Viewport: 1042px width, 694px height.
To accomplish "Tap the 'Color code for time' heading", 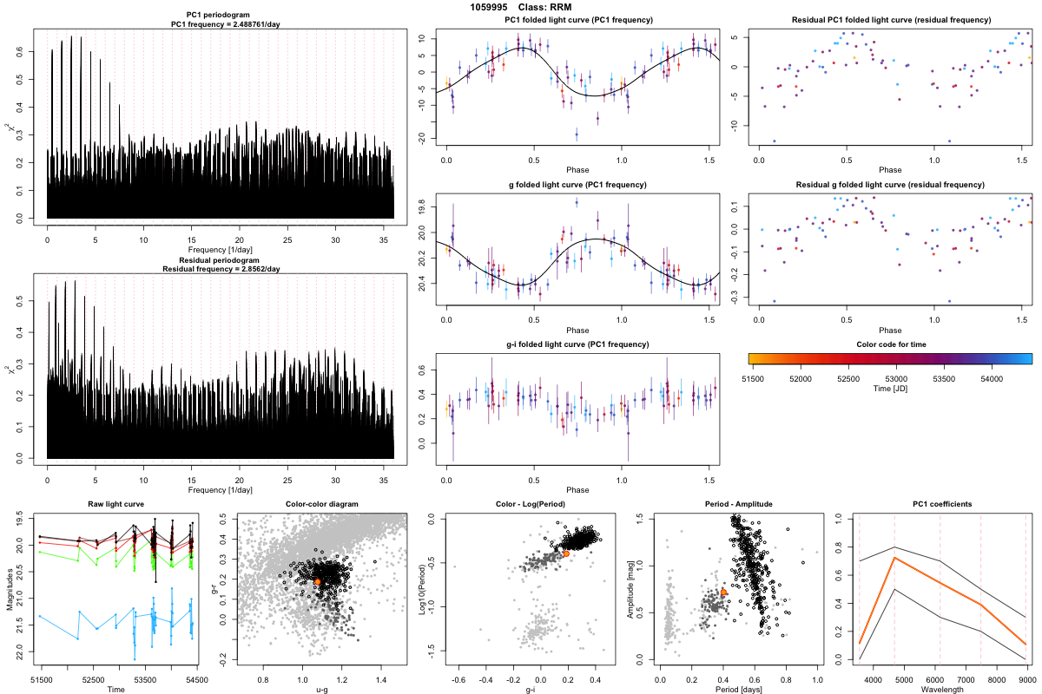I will tap(890, 344).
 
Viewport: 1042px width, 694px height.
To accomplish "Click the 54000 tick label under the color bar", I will tap(992, 378).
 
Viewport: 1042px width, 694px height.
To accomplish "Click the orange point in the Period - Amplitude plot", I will tap(723, 593).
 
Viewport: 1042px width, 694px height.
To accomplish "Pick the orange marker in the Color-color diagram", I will tap(318, 581).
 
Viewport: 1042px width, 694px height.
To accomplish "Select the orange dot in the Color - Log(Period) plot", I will tap(566, 553).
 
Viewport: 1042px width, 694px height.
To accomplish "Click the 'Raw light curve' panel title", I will tap(116, 505).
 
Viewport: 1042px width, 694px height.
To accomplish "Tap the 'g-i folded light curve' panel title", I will tap(577, 344).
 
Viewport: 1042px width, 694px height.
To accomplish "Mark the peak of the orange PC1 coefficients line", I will tap(894, 558).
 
